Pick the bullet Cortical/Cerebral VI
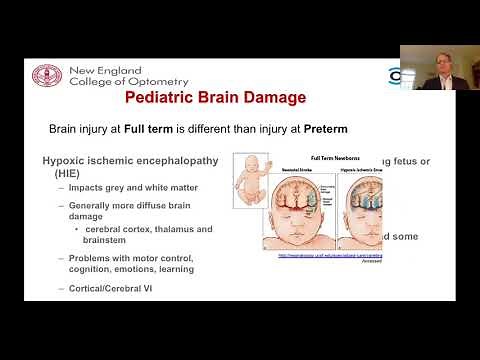112,288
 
